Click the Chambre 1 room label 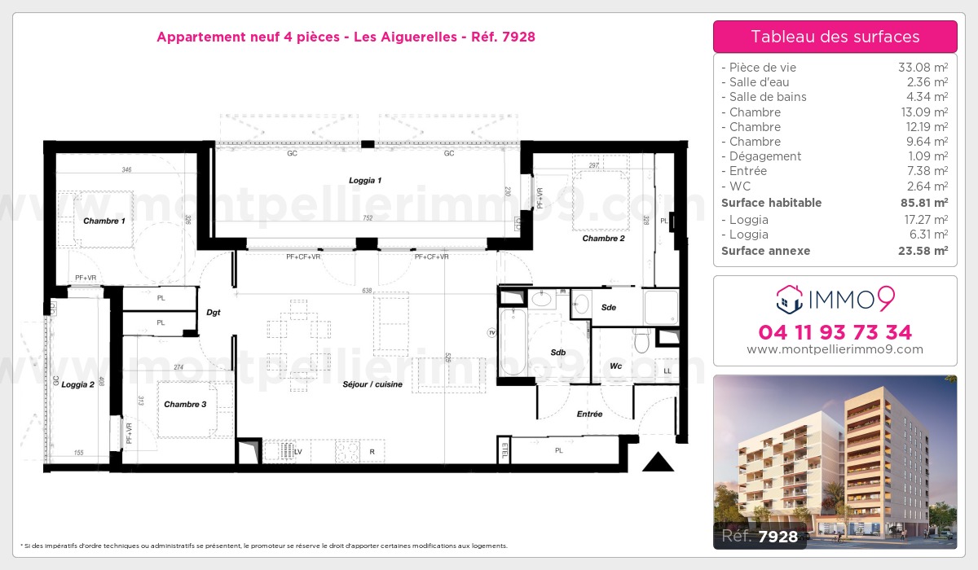[104, 221]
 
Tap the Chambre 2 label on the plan [603, 239]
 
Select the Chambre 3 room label [185, 404]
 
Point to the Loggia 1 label [366, 180]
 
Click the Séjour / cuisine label [373, 384]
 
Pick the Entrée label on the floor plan [589, 414]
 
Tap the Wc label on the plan [616, 366]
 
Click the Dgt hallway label [214, 312]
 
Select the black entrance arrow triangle [658, 463]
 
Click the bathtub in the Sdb [515, 341]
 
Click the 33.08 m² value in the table [922, 68]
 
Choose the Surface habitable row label [771, 203]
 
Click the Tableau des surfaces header [835, 37]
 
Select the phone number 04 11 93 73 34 [835, 332]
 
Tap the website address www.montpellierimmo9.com [835, 349]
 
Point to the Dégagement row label [765, 156]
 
